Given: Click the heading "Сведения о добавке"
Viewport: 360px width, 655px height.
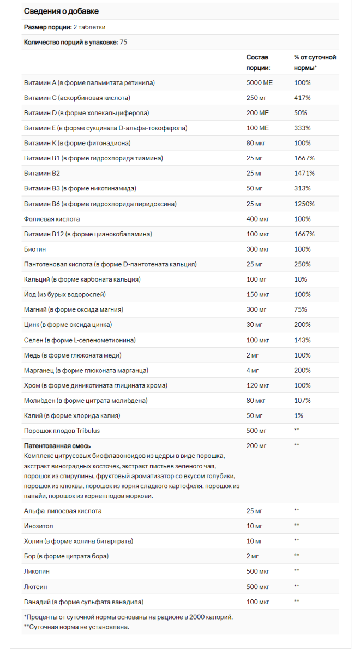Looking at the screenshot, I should [x=61, y=11].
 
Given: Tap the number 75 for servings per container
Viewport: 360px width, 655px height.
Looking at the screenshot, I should [x=124, y=42].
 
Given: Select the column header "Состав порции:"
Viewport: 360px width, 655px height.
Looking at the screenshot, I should [x=258, y=62].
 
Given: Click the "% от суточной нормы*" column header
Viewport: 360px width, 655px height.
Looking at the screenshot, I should [x=315, y=62].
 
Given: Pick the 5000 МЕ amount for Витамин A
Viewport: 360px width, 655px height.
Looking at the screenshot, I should [x=259, y=82].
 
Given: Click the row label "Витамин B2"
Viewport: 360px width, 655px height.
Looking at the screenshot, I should [x=42, y=173].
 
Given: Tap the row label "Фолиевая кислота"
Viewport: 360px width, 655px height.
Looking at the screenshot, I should [x=52, y=219].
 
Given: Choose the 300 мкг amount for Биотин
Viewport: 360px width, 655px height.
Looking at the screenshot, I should [x=257, y=249].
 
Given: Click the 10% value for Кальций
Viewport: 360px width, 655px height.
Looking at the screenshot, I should [x=300, y=279].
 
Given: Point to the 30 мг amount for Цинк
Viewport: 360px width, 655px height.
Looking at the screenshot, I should [x=254, y=325].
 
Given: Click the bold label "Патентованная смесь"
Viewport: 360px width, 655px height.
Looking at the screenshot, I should [x=57, y=445].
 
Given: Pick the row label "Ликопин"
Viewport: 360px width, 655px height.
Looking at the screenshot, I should [x=37, y=571].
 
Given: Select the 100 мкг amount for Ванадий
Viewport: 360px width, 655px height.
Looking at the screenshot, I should [x=257, y=602].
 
